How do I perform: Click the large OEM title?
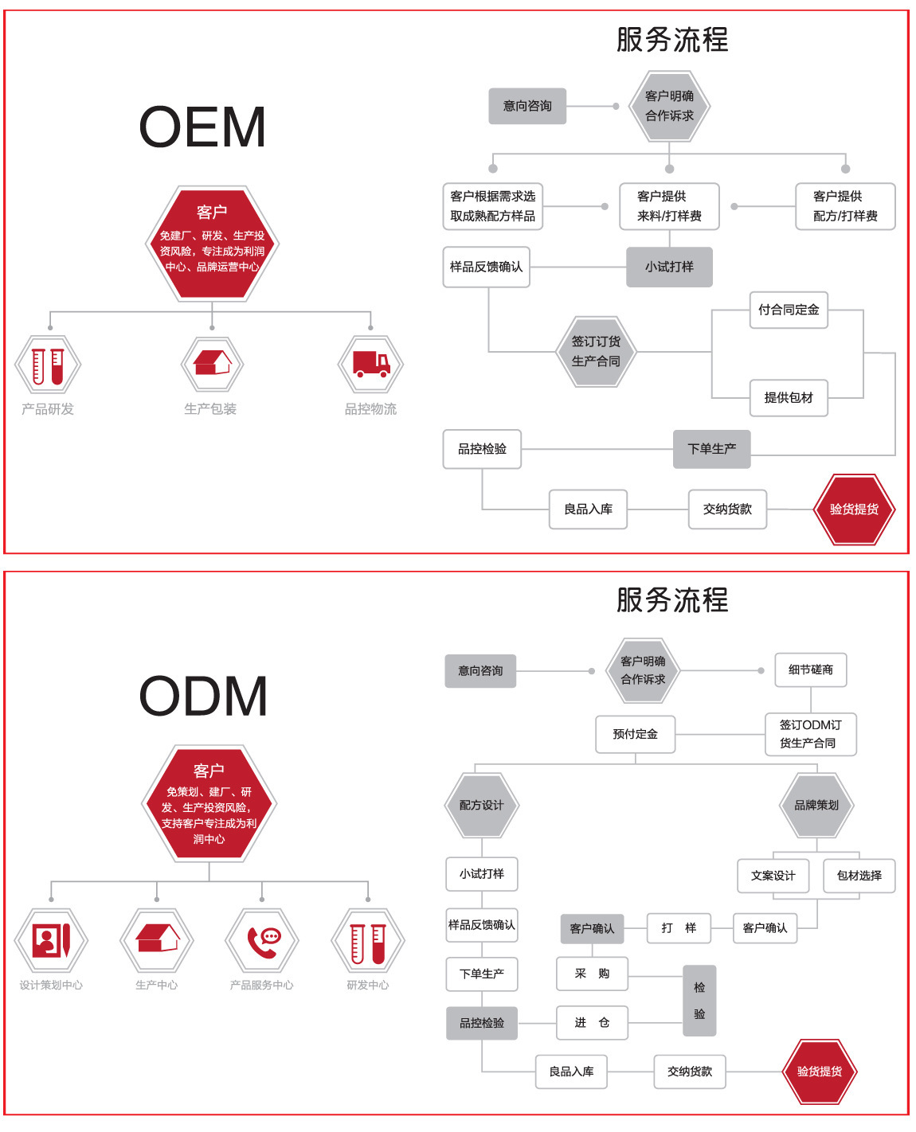(202, 127)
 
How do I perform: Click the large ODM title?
(203, 696)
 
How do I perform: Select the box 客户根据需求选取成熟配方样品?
(492, 206)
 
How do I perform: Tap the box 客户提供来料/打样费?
(669, 206)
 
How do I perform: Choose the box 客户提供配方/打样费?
(845, 206)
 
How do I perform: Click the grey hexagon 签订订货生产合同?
(596, 351)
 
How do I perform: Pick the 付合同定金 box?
(789, 310)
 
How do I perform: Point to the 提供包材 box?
(789, 397)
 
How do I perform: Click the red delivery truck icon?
(371, 365)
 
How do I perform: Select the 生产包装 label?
(210, 409)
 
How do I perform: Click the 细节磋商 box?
(811, 670)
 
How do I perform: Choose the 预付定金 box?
(635, 734)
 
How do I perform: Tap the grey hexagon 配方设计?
(481, 805)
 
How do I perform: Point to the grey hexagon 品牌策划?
(816, 805)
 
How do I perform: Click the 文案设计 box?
(773, 876)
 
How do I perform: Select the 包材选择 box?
(859, 876)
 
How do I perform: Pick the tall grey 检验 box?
(699, 1001)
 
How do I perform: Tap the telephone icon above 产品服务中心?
(262, 940)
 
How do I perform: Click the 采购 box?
(592, 974)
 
